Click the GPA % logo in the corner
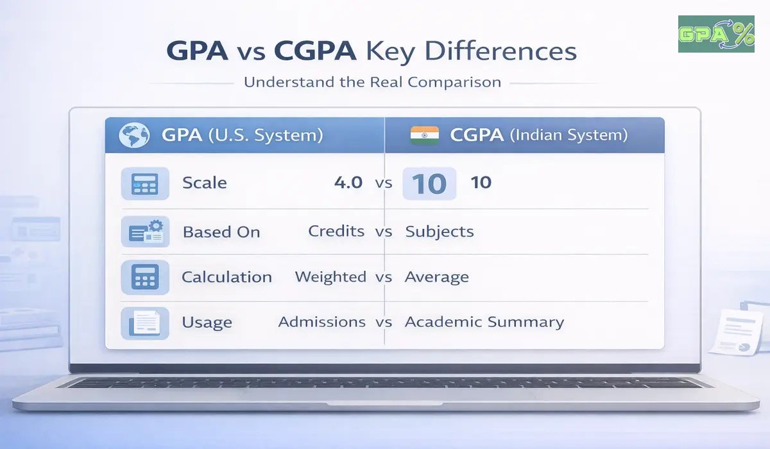[716, 34]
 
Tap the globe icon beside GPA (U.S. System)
[135, 135]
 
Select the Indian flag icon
[424, 135]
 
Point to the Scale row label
[204, 183]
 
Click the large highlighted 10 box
[429, 183]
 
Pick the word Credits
[336, 231]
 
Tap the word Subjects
[440, 232]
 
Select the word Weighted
[330, 277]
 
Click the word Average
[436, 278]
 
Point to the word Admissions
[322, 322]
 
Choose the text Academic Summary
[484, 322]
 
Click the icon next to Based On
[146, 232]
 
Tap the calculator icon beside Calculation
[146, 277]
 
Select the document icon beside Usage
[146, 323]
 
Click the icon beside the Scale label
[146, 183]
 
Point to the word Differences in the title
[504, 51]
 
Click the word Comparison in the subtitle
[454, 82]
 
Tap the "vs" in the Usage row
[384, 322]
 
